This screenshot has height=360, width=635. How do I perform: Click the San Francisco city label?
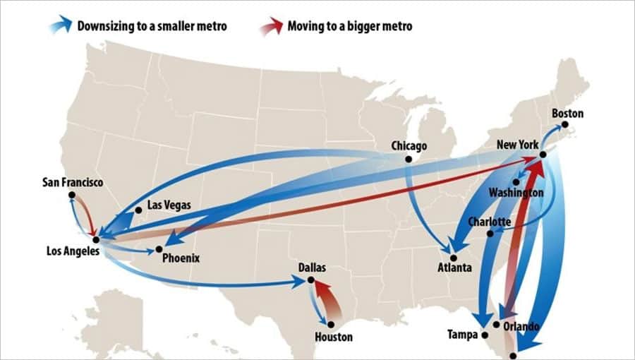[x=73, y=183]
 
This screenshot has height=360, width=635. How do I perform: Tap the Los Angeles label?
[x=73, y=251]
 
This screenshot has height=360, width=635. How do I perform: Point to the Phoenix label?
[x=181, y=258]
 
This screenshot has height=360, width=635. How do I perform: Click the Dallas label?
[x=313, y=268]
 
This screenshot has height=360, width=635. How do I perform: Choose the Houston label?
[x=334, y=337]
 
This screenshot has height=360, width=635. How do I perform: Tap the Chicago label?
[x=409, y=146]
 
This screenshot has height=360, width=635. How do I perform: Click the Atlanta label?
[x=454, y=268]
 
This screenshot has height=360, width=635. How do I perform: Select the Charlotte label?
[x=490, y=222]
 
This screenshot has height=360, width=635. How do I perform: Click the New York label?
[x=518, y=145]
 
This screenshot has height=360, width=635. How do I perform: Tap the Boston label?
[x=567, y=114]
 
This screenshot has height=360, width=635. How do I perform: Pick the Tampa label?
[x=462, y=334]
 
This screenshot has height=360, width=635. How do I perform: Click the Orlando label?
[x=521, y=327]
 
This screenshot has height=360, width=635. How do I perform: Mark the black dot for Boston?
[x=564, y=126]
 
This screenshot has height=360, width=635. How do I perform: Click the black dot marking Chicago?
[x=409, y=159]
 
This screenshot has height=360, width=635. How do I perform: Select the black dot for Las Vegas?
[x=138, y=210]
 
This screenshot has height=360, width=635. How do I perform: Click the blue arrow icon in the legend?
[x=61, y=25]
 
